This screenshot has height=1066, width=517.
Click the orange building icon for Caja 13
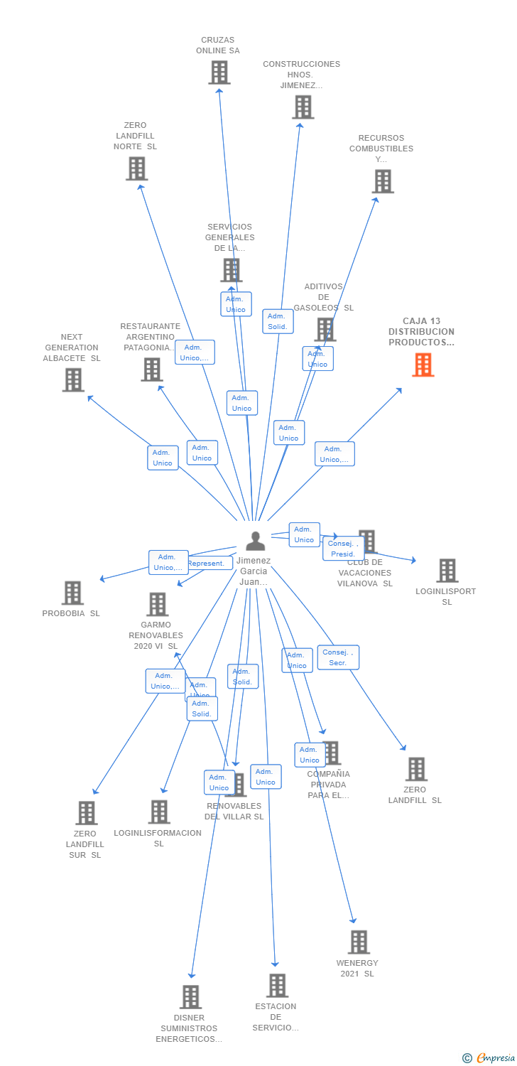click(x=423, y=365)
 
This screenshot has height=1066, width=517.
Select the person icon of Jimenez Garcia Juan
click(x=255, y=541)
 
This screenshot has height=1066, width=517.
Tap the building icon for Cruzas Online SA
click(x=219, y=72)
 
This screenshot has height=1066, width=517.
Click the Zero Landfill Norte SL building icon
click(x=136, y=168)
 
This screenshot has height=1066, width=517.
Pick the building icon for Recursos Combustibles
click(x=383, y=181)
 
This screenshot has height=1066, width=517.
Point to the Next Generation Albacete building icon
click(x=73, y=379)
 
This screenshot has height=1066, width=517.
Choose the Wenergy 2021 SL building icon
click(x=359, y=942)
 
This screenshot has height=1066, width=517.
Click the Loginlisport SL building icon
click(x=447, y=570)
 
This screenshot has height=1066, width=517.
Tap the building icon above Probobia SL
click(x=72, y=593)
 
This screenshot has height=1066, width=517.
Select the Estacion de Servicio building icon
click(x=277, y=985)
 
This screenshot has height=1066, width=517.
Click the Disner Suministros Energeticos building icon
click(x=190, y=996)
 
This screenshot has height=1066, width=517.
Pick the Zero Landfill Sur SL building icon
click(x=86, y=812)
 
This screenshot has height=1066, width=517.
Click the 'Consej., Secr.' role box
click(x=338, y=657)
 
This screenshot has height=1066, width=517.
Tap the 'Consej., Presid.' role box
click(x=343, y=549)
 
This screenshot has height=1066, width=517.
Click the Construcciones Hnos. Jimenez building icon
click(x=303, y=107)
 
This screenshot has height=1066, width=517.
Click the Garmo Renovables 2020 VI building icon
click(x=157, y=604)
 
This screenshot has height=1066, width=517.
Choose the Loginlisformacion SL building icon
click(x=159, y=812)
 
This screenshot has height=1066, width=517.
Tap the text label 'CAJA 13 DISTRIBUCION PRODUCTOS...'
click(x=421, y=332)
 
